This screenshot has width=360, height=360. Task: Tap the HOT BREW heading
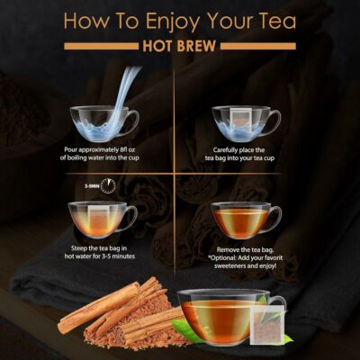click(180, 45)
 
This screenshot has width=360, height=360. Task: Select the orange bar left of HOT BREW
click(100, 45)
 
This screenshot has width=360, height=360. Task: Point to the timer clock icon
click(109, 184)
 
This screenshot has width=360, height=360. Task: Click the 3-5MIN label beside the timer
click(89, 184)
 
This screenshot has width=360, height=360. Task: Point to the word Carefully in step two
click(230, 149)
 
